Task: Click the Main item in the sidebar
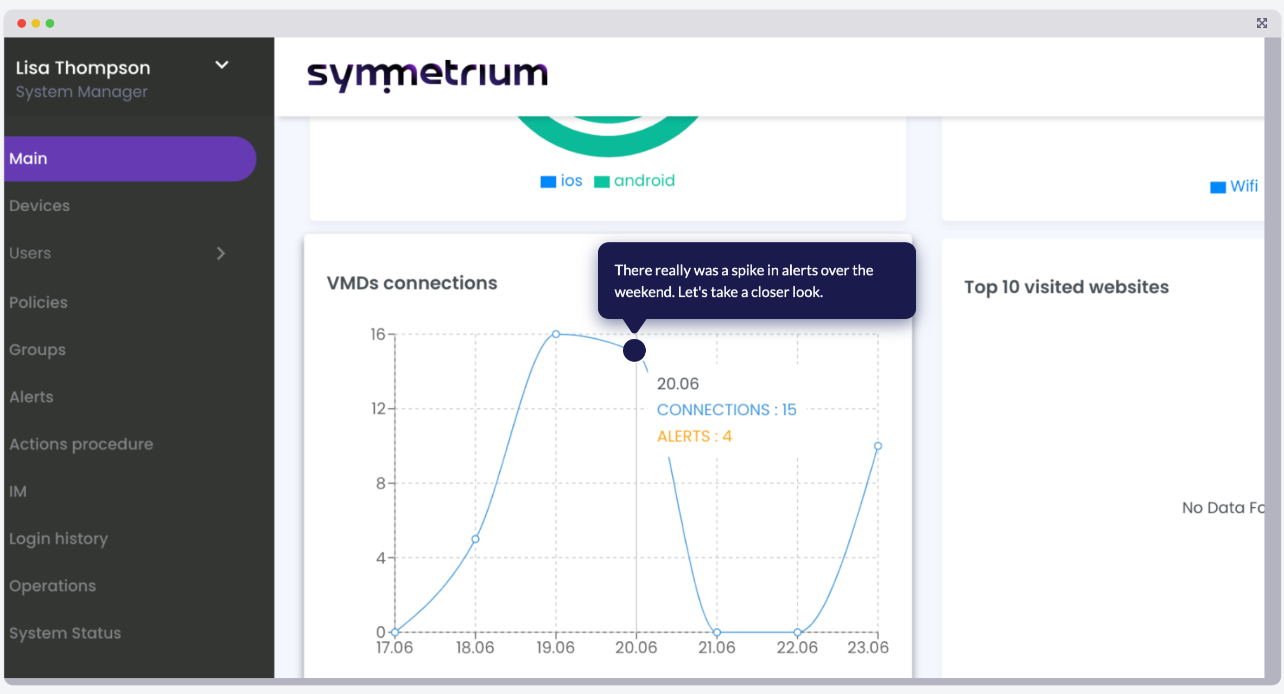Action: tap(28, 159)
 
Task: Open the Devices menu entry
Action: tap(40, 206)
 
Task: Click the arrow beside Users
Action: tap(221, 253)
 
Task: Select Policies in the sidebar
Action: tap(39, 302)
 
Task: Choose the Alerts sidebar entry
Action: tap(31, 397)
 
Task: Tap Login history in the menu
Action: tap(59, 539)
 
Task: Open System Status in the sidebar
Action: tap(65, 633)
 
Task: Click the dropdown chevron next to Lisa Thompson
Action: tap(222, 65)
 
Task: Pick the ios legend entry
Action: tap(561, 181)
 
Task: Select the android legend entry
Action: tap(634, 181)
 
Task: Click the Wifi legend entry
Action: tap(1234, 186)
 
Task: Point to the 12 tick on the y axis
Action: tap(378, 408)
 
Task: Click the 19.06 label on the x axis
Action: tap(555, 647)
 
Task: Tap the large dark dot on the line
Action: tap(634, 350)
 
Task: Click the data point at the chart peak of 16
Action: tap(556, 334)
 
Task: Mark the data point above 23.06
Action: tap(878, 446)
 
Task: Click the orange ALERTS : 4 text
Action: tap(695, 436)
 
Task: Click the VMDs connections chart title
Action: tap(412, 283)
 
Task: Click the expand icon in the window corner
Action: tap(1262, 23)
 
